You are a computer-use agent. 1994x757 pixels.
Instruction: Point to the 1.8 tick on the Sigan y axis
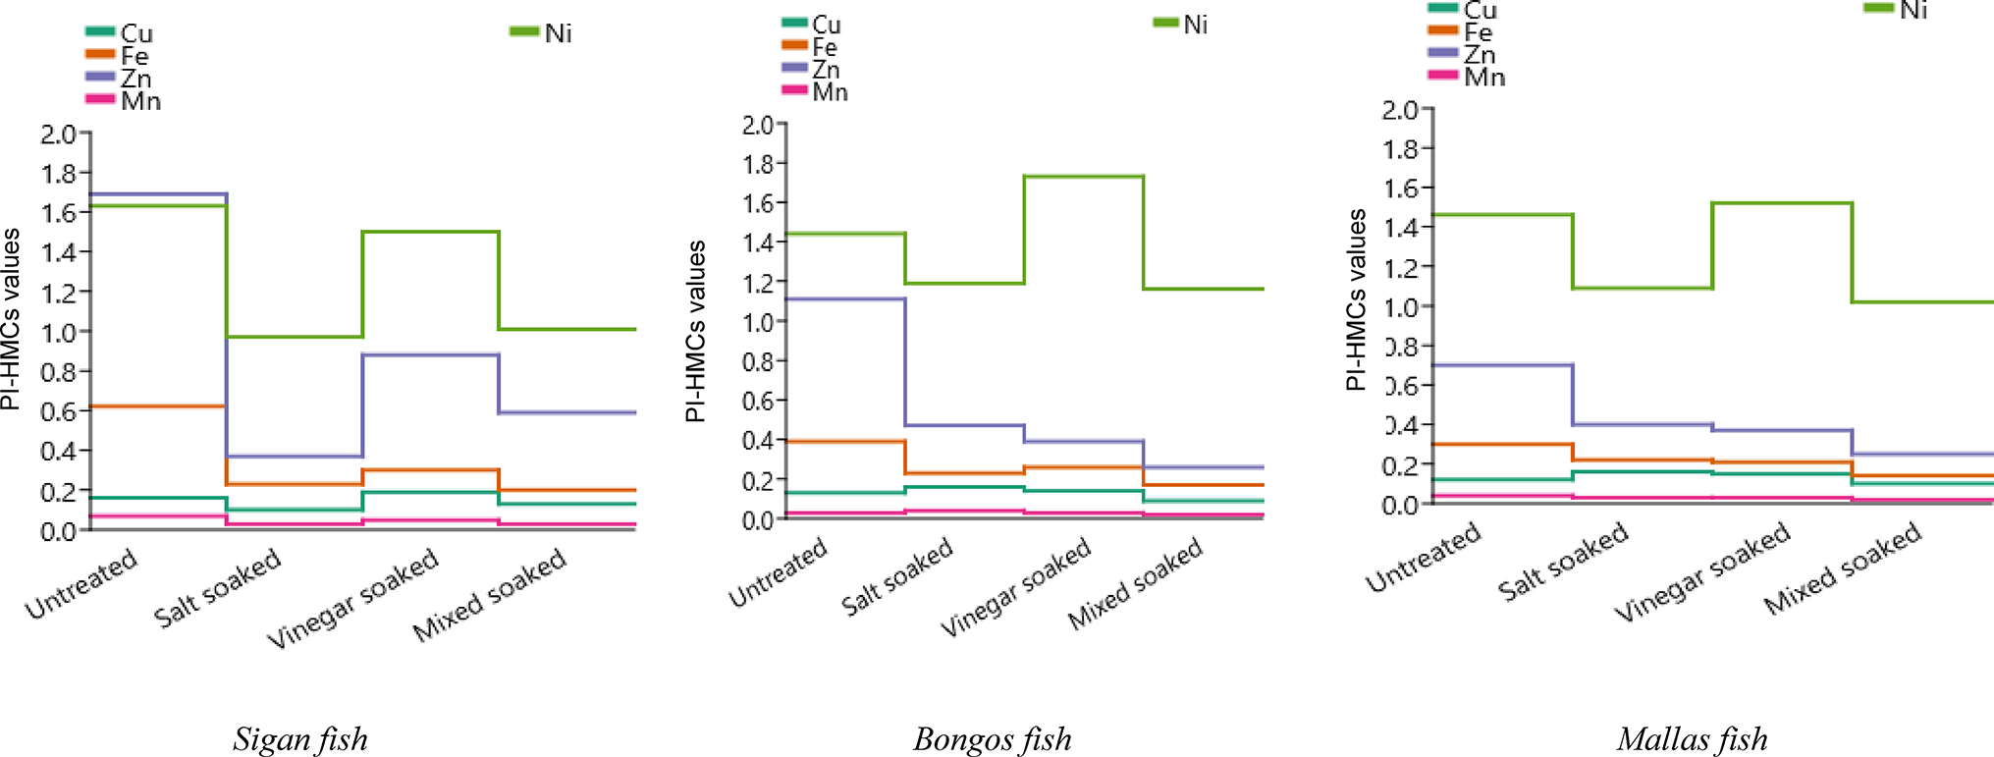(58, 174)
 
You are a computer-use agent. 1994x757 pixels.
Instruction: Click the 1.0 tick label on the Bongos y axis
(757, 322)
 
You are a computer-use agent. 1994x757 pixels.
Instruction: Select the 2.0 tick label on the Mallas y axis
(1400, 109)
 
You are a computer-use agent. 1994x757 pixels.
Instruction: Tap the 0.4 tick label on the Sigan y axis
(58, 452)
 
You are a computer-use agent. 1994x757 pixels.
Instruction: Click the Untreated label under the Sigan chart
(81, 585)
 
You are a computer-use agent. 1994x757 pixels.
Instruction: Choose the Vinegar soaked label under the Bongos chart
(1015, 586)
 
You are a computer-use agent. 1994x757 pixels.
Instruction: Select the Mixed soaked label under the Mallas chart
(1842, 569)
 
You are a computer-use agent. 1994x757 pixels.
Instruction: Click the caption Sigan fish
(300, 738)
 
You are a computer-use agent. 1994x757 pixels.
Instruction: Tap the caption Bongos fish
(992, 738)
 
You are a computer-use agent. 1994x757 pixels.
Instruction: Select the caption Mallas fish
(1692, 738)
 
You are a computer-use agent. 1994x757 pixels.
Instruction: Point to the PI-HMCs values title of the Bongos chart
(695, 331)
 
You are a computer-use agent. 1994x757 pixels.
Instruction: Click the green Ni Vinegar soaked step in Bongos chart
(1083, 177)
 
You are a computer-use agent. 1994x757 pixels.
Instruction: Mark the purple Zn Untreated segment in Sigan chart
(157, 194)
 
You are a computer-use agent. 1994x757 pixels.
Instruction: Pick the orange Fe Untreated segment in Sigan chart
(157, 406)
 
